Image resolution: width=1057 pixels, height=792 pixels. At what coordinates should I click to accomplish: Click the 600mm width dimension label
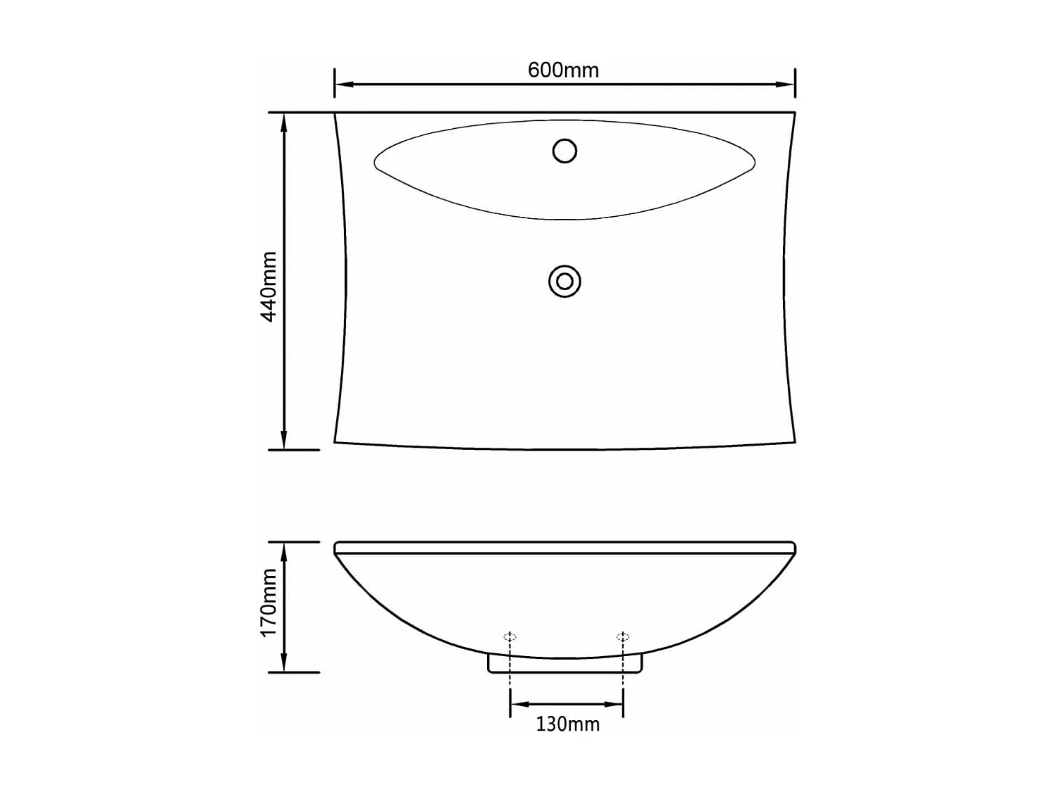pos(563,70)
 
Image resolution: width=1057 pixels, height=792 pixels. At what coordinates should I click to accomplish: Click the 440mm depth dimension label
pos(269,287)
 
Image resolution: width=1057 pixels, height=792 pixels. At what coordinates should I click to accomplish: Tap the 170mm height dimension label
pos(269,603)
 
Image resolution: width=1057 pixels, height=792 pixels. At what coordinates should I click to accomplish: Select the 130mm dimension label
pos(567,724)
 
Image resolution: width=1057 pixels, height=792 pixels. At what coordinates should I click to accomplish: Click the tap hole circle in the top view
pos(564,151)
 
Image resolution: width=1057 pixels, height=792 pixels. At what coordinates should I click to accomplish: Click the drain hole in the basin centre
pos(564,282)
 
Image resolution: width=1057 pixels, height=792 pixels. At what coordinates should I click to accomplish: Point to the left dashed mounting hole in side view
pos(510,637)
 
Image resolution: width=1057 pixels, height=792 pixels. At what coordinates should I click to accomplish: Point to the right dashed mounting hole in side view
pos(623,637)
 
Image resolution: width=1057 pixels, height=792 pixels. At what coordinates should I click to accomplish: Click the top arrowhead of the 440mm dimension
pos(284,122)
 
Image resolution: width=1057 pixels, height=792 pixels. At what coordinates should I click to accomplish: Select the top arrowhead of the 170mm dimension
pos(284,551)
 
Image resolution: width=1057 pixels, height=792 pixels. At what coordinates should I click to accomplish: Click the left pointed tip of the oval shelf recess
pos(376,164)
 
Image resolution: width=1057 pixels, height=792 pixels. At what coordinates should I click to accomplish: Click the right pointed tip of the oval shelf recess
pos(754,163)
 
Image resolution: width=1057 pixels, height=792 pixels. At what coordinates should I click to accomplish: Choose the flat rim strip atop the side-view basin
pos(564,548)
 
